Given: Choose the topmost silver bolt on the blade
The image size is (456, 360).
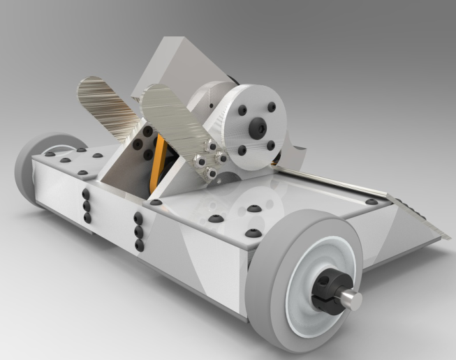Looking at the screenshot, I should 208,144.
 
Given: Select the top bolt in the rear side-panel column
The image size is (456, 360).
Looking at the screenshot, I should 85,195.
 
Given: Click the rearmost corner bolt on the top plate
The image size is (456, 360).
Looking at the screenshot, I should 50,153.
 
